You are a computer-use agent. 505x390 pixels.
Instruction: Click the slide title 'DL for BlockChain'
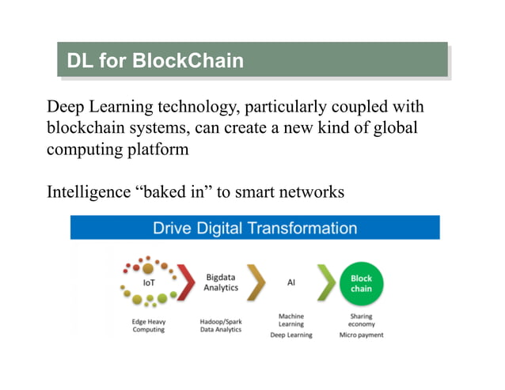(x=154, y=60)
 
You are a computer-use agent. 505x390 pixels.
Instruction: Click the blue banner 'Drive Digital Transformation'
(x=254, y=229)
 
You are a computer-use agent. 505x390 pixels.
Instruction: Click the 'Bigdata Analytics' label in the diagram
(x=222, y=282)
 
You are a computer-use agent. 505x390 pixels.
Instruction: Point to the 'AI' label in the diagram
(x=290, y=282)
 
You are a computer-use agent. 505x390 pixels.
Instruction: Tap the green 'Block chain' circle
(x=361, y=283)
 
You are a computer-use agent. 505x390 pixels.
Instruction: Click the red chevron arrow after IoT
(x=186, y=282)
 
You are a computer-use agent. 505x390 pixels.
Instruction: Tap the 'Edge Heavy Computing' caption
(x=148, y=325)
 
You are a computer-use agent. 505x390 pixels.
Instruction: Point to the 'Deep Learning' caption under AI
(x=290, y=335)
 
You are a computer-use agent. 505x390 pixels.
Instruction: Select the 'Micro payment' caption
(x=361, y=335)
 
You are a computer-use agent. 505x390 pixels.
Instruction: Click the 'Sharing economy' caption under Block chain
(x=361, y=320)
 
